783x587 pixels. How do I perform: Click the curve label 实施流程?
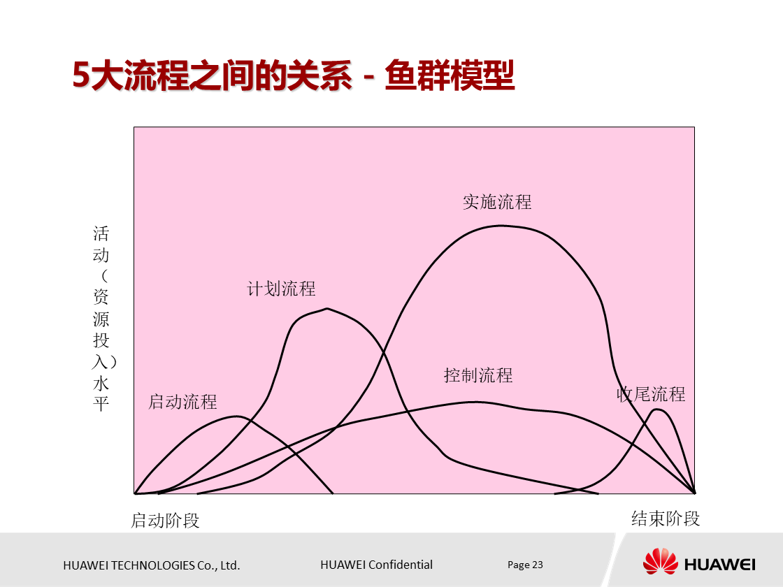pyautogui.click(x=497, y=202)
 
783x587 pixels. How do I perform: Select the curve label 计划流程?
pyautogui.click(x=281, y=289)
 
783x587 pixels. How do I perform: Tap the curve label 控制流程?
pyautogui.click(x=478, y=375)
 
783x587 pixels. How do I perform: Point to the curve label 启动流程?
pyautogui.click(x=182, y=402)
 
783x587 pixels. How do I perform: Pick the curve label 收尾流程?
pyautogui.click(x=650, y=394)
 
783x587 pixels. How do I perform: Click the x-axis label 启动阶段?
pyautogui.click(x=166, y=521)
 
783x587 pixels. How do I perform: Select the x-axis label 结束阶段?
pyautogui.click(x=666, y=519)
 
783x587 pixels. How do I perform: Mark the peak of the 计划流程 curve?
pyautogui.click(x=326, y=308)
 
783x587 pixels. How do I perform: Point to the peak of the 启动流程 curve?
pyautogui.click(x=238, y=416)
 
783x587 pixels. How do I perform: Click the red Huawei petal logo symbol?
pyautogui.click(x=660, y=561)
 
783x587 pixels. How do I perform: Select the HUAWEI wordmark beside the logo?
pyautogui.click(x=720, y=563)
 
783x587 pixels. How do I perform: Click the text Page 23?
pyautogui.click(x=525, y=565)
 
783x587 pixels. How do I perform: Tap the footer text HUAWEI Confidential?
pyautogui.click(x=376, y=565)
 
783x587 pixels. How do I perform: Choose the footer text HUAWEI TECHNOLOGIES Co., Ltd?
pyautogui.click(x=152, y=565)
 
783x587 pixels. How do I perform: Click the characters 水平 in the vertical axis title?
pyautogui.click(x=101, y=394)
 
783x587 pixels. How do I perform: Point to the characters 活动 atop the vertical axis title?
pyautogui.click(x=101, y=244)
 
